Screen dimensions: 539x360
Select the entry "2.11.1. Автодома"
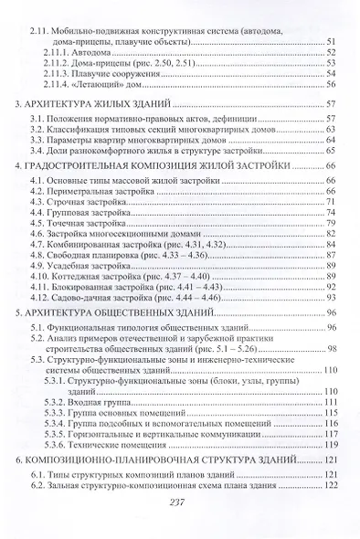click(74, 55)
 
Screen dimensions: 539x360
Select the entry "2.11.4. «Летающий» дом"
click(92, 89)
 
